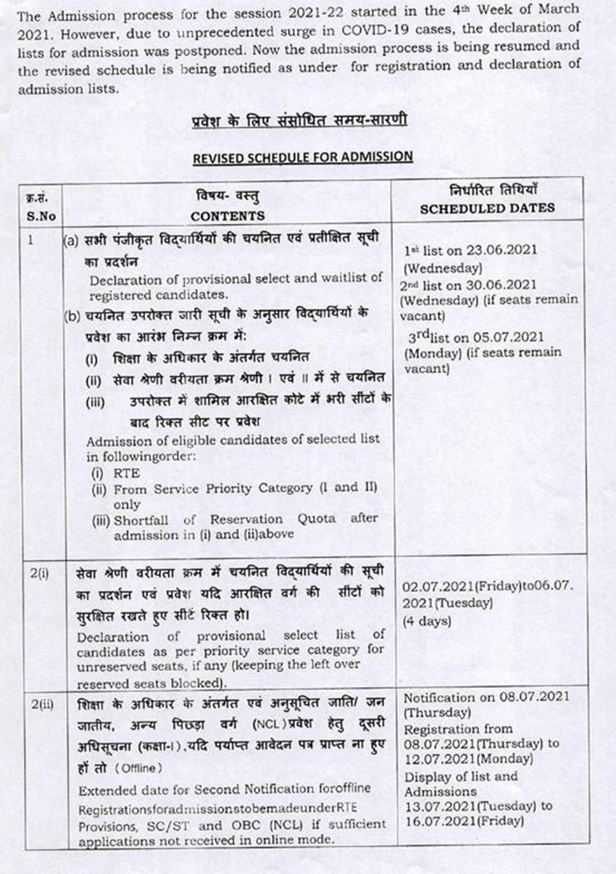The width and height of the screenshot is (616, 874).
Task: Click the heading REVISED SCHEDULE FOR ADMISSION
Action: tap(302, 156)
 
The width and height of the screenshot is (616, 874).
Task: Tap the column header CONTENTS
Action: tap(228, 216)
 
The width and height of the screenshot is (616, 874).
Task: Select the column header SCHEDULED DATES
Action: tap(488, 207)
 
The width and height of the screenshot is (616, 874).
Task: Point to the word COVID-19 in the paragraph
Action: tap(367, 28)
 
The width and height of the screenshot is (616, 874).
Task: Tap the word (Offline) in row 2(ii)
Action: tap(139, 767)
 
